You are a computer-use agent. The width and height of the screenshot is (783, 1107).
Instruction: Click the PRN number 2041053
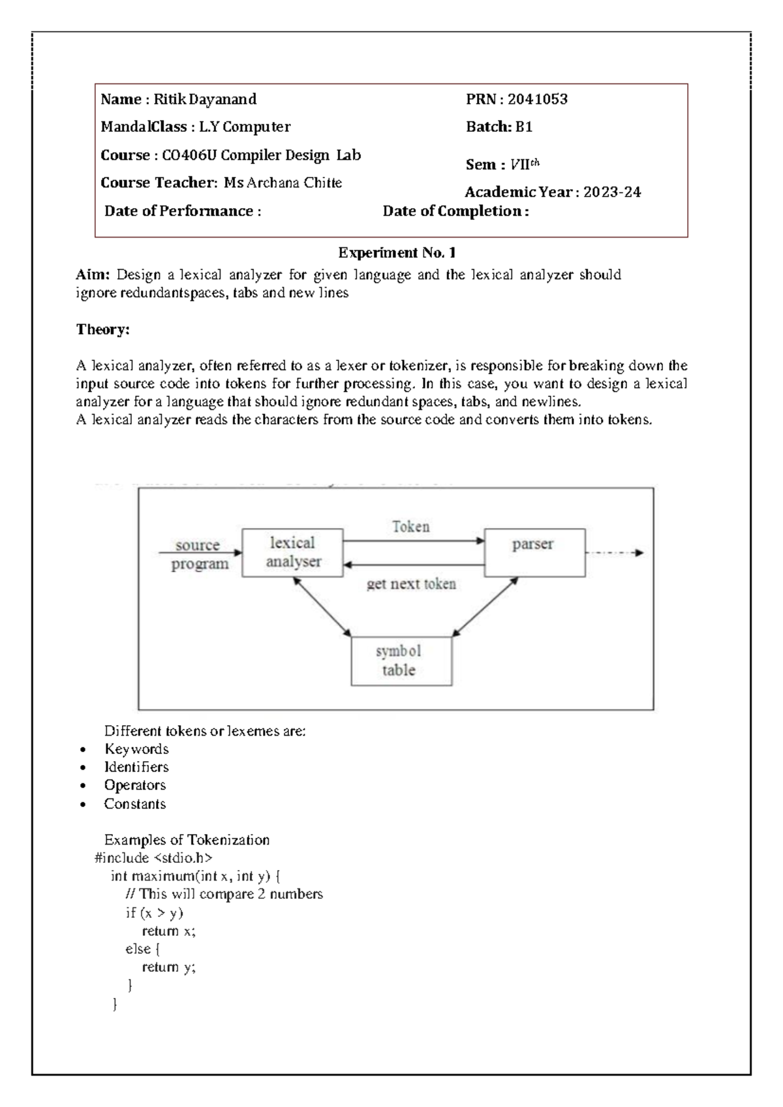[x=537, y=99]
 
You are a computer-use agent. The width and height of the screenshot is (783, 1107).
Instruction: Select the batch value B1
[x=523, y=127]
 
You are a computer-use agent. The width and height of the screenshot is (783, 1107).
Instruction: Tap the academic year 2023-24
[x=611, y=193]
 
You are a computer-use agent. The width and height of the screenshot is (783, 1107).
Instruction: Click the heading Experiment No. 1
[x=397, y=253]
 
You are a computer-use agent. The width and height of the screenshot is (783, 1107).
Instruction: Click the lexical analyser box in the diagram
[x=292, y=552]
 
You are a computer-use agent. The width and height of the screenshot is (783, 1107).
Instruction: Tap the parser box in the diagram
[x=534, y=552]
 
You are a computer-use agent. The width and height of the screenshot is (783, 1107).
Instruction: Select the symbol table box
[x=401, y=661]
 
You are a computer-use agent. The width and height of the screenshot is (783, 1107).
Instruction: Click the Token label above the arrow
[x=410, y=527]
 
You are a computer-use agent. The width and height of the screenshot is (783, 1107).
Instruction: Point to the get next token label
[x=410, y=584]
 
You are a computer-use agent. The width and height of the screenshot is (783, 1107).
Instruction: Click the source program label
[x=198, y=554]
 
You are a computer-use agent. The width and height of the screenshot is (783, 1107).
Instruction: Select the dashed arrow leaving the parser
[x=614, y=553]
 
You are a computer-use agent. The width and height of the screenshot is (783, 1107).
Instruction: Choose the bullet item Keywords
[x=136, y=749]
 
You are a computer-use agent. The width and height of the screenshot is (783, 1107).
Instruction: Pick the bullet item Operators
[x=134, y=785]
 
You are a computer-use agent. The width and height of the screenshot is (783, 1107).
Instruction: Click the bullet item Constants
[x=134, y=804]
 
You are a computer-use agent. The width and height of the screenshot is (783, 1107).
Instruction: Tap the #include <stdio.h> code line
[x=154, y=858]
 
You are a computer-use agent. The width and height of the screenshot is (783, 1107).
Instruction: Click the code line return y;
[x=168, y=967]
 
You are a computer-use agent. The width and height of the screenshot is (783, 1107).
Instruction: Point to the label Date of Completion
[x=455, y=211]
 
